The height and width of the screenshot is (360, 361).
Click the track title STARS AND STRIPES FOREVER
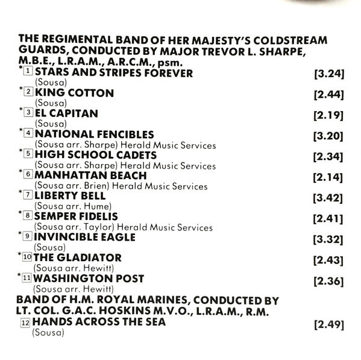(x=114, y=74)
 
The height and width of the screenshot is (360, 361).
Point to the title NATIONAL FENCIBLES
(x=95, y=134)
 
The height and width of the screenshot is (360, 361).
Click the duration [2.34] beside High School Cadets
(x=328, y=156)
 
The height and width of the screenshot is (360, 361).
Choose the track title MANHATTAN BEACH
(x=90, y=175)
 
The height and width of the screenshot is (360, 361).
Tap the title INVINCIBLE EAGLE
(x=85, y=237)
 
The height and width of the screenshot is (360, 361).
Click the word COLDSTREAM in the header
(x=292, y=40)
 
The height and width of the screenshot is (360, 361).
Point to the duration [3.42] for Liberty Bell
(x=328, y=197)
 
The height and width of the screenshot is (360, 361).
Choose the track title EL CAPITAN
(x=66, y=113)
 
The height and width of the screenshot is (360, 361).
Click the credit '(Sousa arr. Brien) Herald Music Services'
(x=120, y=186)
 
